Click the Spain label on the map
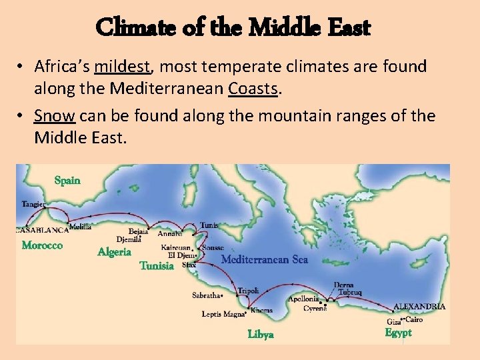(67, 180)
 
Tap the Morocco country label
(42, 245)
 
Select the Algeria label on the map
(114, 251)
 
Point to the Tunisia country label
(157, 265)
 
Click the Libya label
(261, 334)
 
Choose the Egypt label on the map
(398, 332)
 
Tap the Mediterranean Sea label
(264, 259)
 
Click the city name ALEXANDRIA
(419, 307)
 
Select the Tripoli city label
(248, 291)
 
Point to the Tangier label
(34, 204)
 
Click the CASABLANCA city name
(42, 230)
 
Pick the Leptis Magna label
(223, 314)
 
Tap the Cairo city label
(414, 319)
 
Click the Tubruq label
(349, 293)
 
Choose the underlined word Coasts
(252, 88)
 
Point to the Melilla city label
(81, 227)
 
